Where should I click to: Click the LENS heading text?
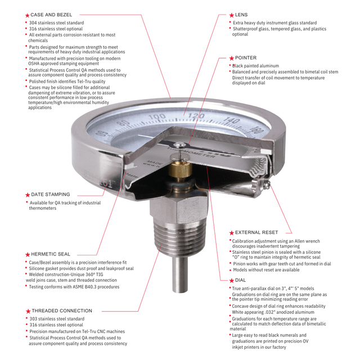click(241, 14)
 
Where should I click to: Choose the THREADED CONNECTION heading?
click(62, 310)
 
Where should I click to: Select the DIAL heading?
click(241, 280)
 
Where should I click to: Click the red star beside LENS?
click(231, 15)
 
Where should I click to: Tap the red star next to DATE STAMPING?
click(28, 195)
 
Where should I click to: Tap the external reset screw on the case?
click(269, 184)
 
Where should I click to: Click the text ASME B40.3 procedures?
click(91, 286)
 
